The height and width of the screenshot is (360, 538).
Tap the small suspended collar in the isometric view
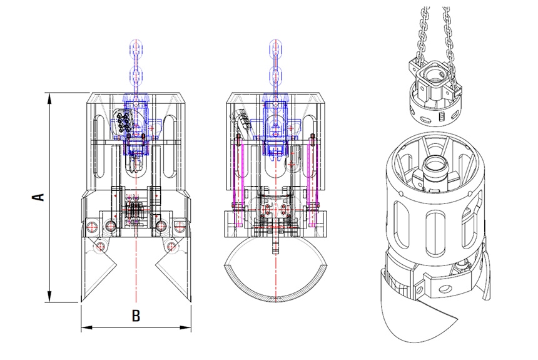pos(432,94)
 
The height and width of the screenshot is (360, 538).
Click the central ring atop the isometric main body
pos(433,168)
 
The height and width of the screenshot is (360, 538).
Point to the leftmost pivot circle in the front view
pos(93,226)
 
